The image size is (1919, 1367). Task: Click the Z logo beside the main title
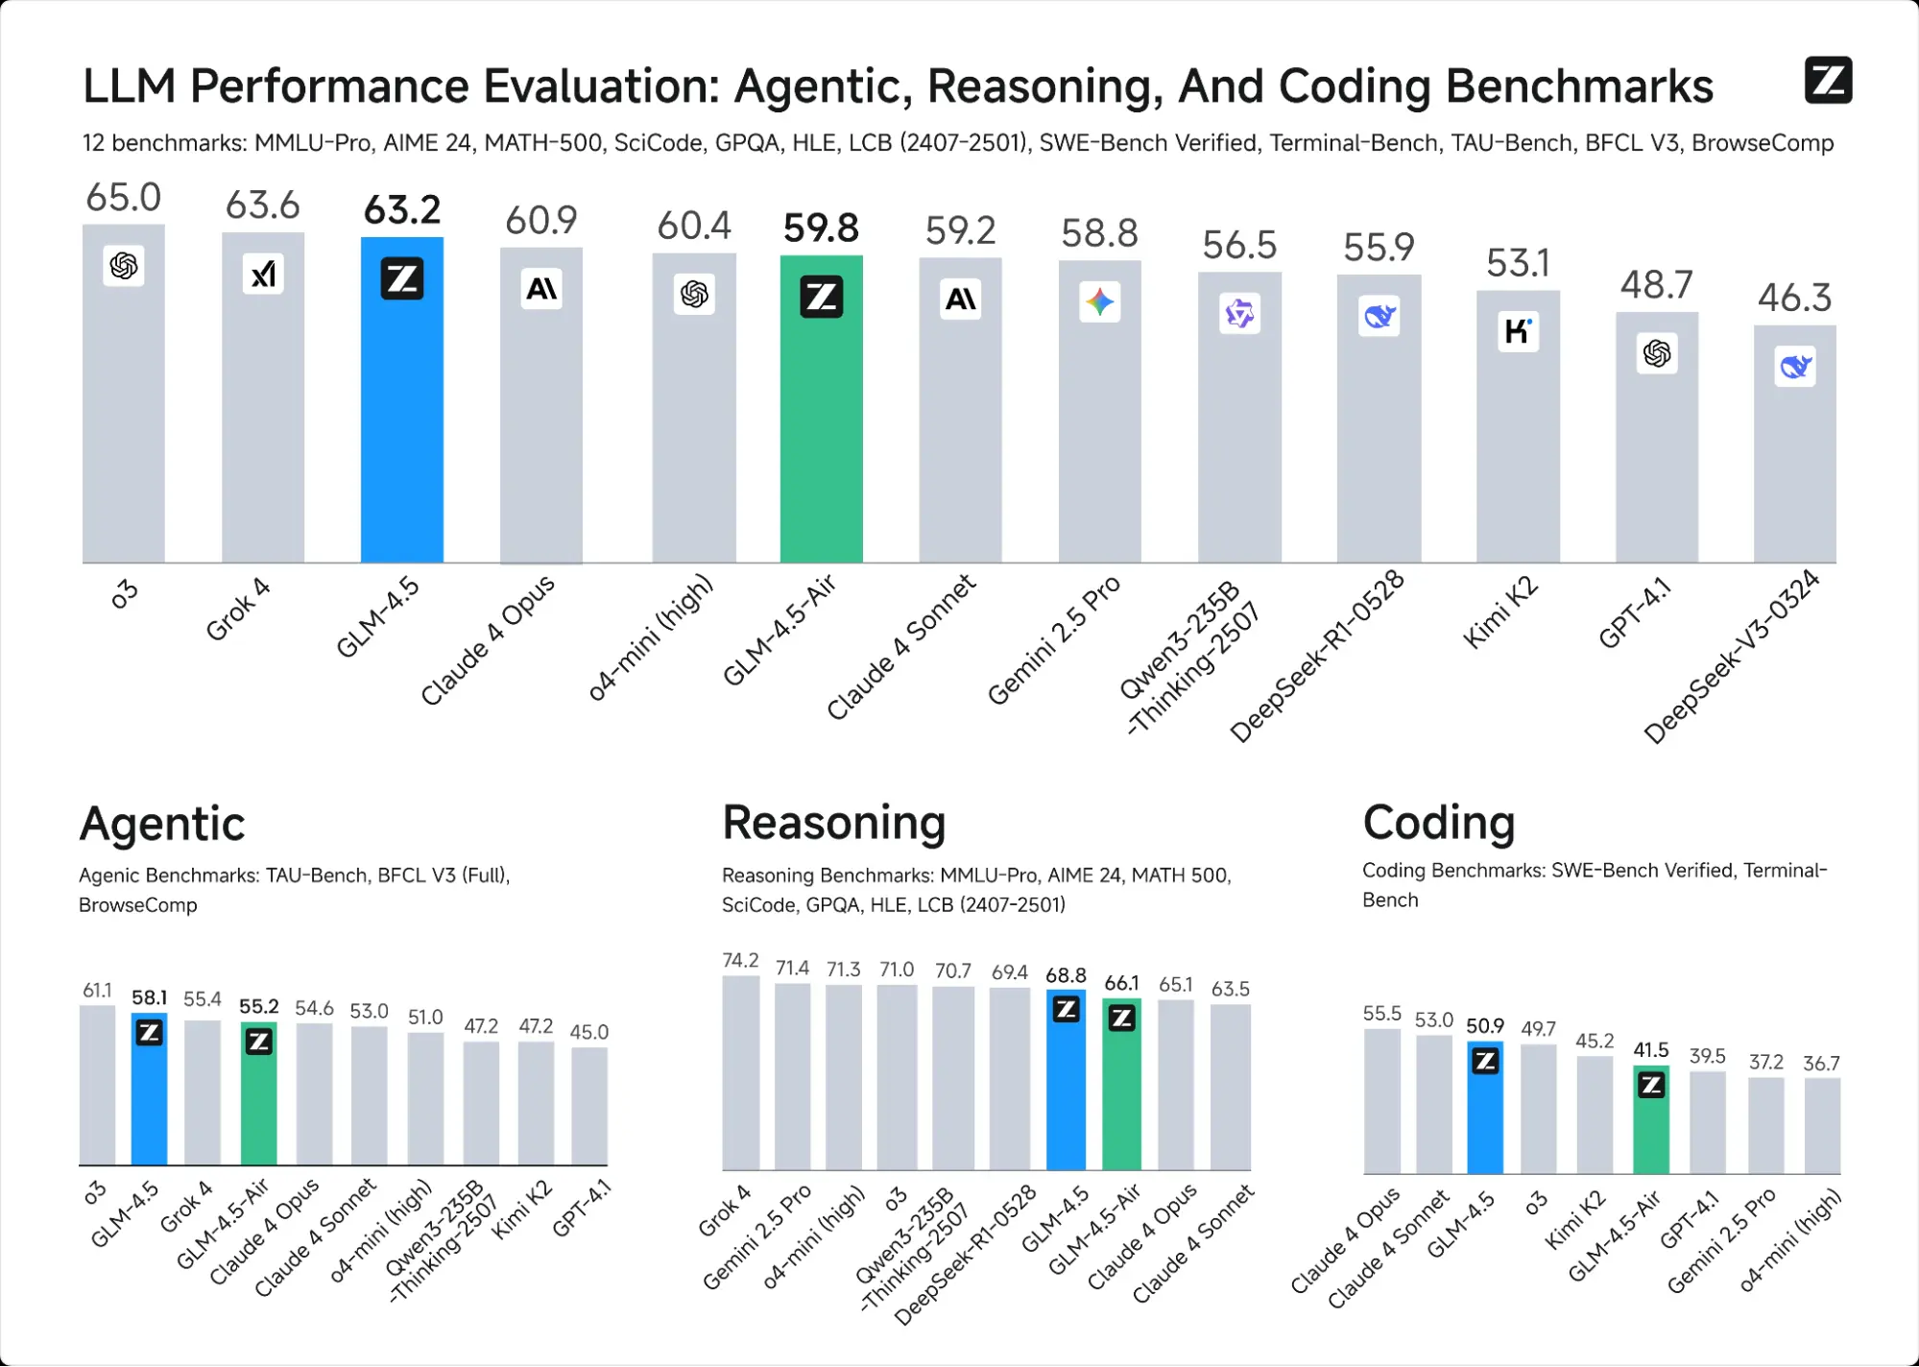[x=1828, y=80]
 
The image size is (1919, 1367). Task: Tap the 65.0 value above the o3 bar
[x=123, y=198]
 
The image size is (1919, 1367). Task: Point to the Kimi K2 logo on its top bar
[x=1517, y=331]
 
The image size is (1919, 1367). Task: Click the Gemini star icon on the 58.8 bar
[x=1099, y=302]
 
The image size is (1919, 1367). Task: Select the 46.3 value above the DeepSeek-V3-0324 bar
[x=1793, y=298]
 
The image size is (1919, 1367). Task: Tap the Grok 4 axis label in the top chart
[x=237, y=610]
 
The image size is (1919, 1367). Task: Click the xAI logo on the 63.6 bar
[x=262, y=275]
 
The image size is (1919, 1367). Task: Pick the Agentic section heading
[x=162, y=824]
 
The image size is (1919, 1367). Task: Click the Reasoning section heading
[x=833, y=823]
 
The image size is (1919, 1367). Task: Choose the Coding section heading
[x=1438, y=823]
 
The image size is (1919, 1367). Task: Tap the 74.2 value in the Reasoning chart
[x=740, y=960]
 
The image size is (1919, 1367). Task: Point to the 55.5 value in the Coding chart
[x=1381, y=1014]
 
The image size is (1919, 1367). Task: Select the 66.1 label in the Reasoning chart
[x=1121, y=983]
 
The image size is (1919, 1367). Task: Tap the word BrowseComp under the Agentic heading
[x=138, y=905]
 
